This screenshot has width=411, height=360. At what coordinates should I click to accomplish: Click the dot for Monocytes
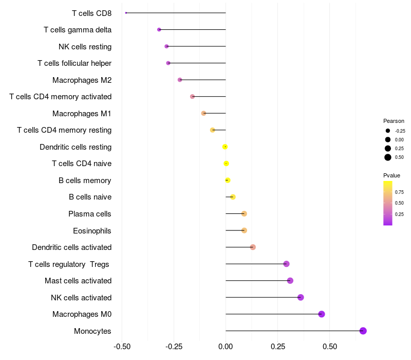[x=363, y=331]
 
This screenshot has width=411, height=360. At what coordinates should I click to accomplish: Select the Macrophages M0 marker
[x=322, y=314]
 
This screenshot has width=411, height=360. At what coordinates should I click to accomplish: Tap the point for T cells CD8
[x=126, y=13]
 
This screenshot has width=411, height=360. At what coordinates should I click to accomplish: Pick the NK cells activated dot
[x=301, y=297]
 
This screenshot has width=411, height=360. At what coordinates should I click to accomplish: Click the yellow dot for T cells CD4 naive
[x=226, y=164]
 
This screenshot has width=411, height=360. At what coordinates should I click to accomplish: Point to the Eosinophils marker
[x=244, y=230]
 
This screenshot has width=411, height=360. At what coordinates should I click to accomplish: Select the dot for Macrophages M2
[x=180, y=80]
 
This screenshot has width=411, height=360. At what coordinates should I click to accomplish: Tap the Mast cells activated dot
[x=290, y=281]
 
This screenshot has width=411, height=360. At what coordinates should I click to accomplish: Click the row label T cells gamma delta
[x=78, y=30]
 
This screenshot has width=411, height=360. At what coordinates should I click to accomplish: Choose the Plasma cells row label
[x=90, y=214]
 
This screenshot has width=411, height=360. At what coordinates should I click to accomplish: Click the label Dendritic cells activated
[x=72, y=247]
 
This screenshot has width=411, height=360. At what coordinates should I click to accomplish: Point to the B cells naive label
[x=90, y=197]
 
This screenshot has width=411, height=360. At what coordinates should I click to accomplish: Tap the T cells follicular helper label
[x=74, y=63]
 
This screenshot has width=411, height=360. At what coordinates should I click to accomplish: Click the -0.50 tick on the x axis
[x=122, y=347]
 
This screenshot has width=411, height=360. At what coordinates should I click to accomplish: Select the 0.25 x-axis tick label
[x=278, y=347]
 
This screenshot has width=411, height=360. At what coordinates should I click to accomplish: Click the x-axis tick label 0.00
[x=226, y=347]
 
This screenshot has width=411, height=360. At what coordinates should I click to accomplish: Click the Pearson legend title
[x=394, y=121]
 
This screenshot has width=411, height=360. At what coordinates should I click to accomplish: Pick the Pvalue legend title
[x=392, y=175]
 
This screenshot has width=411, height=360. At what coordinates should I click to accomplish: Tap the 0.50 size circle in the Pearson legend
[x=388, y=157]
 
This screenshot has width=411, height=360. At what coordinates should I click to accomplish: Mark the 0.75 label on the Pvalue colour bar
[x=399, y=192]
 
